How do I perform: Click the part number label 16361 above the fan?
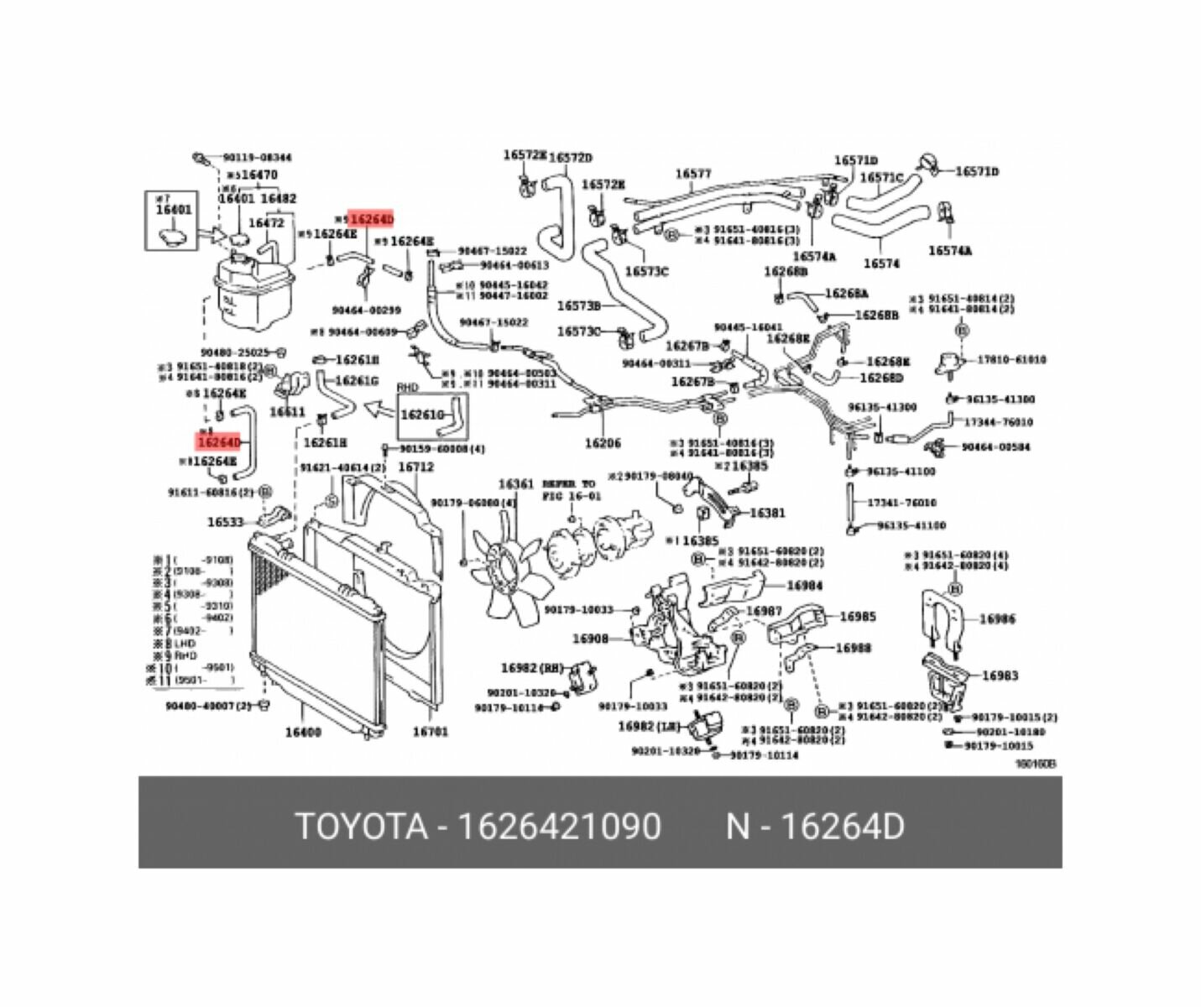point(515,484)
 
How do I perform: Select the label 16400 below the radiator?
point(303,732)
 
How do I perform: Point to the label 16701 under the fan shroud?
point(430,732)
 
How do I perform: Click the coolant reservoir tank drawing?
point(252,290)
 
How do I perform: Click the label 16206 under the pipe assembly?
point(603,443)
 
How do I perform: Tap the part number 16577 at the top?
point(693,175)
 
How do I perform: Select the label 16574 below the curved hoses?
point(881,263)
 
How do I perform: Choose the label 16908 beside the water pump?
point(590,639)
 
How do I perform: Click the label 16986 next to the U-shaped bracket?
point(997,619)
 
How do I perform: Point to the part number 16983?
point(1000,676)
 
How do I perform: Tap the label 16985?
point(858,617)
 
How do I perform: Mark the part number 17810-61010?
point(1011,360)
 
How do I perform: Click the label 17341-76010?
point(901,503)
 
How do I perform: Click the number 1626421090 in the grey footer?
point(558,827)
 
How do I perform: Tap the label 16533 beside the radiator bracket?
point(225,522)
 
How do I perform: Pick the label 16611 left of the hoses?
point(287,412)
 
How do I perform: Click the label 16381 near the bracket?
point(767,513)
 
